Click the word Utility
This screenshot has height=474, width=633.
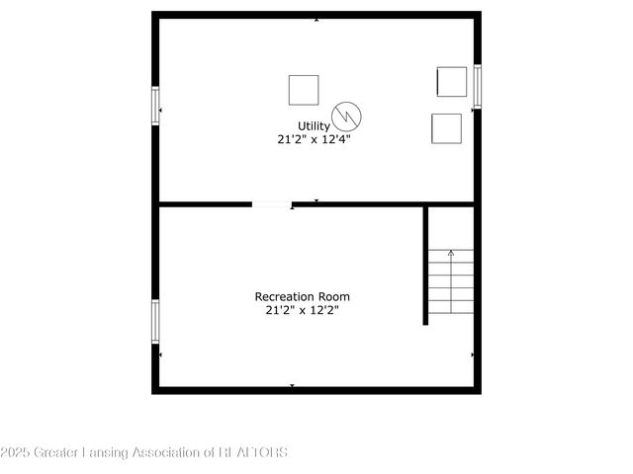coord(315,125)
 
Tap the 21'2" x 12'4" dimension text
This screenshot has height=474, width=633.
coord(315,140)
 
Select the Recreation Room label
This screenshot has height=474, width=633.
coord(303,296)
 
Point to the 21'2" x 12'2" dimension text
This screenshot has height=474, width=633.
coord(303,310)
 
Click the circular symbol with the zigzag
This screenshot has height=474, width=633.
coord(347,117)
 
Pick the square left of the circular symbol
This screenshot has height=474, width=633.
coord(304,90)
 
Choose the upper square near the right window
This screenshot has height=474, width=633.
coord(451,81)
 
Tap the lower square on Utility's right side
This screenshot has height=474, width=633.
coord(446,128)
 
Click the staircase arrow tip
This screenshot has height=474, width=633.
coord(451,253)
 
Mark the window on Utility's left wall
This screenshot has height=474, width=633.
coord(155,106)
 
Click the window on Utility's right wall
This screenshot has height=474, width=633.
coord(477,86)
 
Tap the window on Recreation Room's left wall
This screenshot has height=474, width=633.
coord(155,321)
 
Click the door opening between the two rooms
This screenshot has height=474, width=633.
coord(271,205)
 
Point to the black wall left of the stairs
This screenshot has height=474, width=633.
coord(426,265)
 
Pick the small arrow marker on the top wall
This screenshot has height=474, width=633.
coord(316,19)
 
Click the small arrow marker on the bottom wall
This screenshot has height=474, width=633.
coord(292,385)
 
